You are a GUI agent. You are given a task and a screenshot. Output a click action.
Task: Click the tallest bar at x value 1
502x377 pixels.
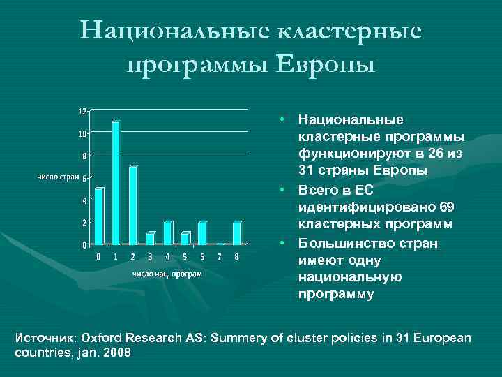pyautogui.click(x=116, y=183)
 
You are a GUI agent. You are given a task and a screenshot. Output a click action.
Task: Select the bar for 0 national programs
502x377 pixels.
pyautogui.click(x=98, y=216)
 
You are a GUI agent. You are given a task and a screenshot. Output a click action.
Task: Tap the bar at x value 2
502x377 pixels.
pyautogui.click(x=133, y=205)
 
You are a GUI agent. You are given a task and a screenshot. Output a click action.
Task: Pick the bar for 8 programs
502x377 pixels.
pyautogui.click(x=237, y=232)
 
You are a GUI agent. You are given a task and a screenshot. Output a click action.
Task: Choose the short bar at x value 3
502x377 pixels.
pyautogui.click(x=151, y=238)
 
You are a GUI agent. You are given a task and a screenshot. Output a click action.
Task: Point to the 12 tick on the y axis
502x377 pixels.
pyautogui.click(x=82, y=111)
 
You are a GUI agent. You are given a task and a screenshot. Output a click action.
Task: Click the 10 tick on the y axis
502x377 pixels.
pyautogui.click(x=82, y=133)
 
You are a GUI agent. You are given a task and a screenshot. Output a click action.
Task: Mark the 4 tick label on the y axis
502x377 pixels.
pyautogui.click(x=84, y=200)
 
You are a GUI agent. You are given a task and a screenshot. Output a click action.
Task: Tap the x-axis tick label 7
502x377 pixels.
pyautogui.click(x=220, y=257)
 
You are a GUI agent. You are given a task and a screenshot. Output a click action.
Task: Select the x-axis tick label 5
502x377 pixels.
pyautogui.click(x=185, y=257)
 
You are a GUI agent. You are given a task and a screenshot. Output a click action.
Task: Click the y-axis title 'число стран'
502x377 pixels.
pyautogui.click(x=57, y=177)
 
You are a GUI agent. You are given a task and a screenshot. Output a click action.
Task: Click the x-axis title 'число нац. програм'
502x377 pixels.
pyautogui.click(x=167, y=273)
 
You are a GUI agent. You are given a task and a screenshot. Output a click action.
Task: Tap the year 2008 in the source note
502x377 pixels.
pyautogui.click(x=117, y=353)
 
